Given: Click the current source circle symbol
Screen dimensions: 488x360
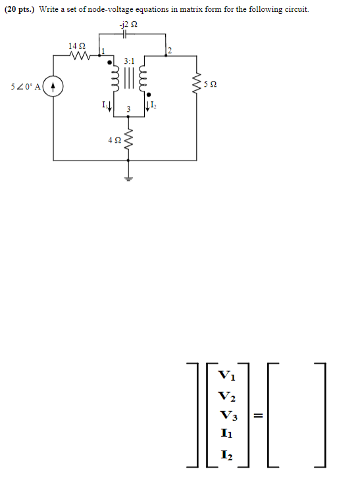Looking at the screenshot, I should tap(53, 86).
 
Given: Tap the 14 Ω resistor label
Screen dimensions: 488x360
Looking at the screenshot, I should tap(76, 45).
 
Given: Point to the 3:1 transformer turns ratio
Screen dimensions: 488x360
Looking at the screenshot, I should tap(130, 61).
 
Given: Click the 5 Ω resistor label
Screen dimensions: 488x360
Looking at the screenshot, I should tap(210, 84).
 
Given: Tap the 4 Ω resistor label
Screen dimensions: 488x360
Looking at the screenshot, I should tap(116, 139).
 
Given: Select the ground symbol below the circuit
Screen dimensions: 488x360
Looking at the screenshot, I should tap(129, 178).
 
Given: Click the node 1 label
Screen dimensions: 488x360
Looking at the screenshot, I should tap(101, 51).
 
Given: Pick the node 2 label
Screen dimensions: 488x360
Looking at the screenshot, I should tap(169, 51).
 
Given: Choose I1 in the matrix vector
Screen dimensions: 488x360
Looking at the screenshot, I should tap(225, 434).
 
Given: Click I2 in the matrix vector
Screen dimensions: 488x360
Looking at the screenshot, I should tap(225, 454).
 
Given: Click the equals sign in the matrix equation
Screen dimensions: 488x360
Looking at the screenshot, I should tap(259, 415).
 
